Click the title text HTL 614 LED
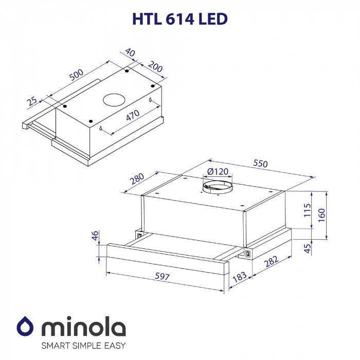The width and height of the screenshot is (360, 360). tap(180, 19)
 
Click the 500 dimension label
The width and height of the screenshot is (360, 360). tap(76, 75)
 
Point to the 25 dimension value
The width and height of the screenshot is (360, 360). tap(32, 101)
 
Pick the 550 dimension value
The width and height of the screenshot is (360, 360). tap(261, 164)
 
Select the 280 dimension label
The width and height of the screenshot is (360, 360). tap(136, 178)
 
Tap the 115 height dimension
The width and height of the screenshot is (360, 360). tap(308, 211)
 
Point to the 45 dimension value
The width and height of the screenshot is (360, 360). tap(308, 248)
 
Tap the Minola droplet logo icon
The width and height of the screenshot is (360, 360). tap(25, 326)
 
